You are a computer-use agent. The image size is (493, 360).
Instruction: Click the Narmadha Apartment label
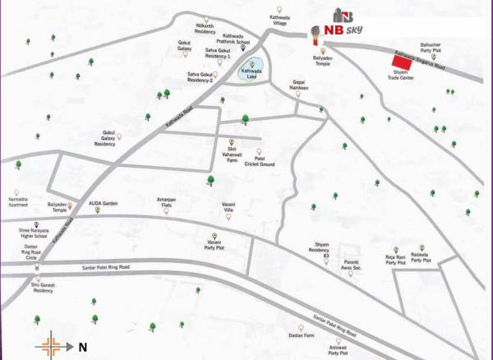point(18,202)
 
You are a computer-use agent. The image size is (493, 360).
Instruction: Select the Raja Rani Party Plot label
point(396,261)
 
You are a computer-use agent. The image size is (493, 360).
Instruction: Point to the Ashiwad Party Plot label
point(339,351)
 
